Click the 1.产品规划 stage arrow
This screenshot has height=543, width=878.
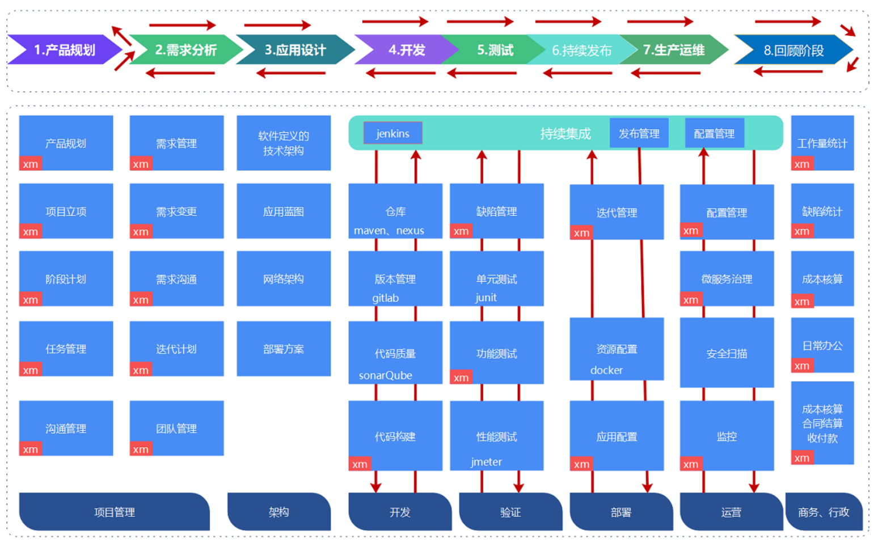(x=64, y=50)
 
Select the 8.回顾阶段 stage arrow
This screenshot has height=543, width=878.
(x=793, y=50)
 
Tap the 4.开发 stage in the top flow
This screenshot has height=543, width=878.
(x=406, y=50)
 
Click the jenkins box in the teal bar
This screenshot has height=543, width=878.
(x=392, y=133)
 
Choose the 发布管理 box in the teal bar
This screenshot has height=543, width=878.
(x=639, y=133)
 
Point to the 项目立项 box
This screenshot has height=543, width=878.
(x=66, y=211)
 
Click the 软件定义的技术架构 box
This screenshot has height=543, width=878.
(x=284, y=143)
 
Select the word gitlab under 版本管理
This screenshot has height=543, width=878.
(x=386, y=298)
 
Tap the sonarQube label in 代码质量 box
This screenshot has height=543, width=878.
(x=386, y=375)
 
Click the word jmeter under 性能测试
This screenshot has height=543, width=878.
(x=486, y=461)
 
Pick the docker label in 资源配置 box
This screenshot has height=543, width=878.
(x=606, y=370)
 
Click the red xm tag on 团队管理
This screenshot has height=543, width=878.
(x=141, y=449)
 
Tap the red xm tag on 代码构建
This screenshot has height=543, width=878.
(x=360, y=464)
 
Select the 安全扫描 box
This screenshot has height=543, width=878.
(x=727, y=353)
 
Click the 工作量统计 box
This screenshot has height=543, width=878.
(x=822, y=143)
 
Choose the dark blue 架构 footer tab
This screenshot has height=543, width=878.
(x=278, y=512)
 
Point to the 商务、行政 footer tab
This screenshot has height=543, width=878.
(x=823, y=512)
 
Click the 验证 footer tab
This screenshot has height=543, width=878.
(x=510, y=512)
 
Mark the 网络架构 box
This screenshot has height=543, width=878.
(x=284, y=278)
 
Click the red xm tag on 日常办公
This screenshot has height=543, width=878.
(x=802, y=366)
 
